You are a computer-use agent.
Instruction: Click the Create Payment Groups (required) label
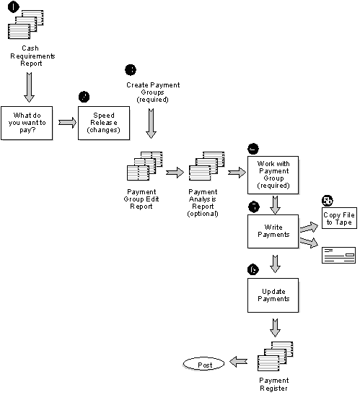153,92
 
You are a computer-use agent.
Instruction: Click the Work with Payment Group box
273,174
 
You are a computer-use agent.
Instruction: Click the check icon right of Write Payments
339,253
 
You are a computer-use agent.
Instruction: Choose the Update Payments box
273,294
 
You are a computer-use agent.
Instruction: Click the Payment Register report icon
273,352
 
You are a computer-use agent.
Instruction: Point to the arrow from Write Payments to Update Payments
274,263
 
